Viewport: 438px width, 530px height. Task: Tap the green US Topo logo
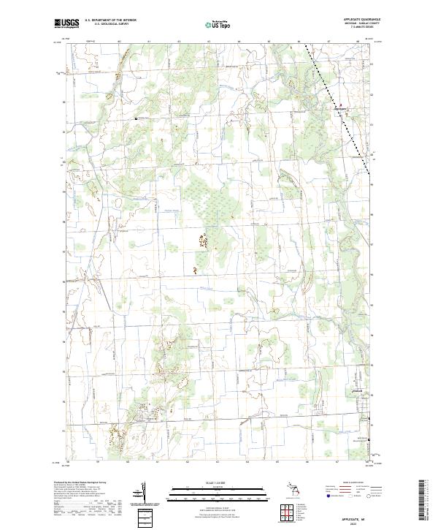220,25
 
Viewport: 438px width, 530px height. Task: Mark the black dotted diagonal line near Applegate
339,110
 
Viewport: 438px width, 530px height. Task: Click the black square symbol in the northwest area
135,118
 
